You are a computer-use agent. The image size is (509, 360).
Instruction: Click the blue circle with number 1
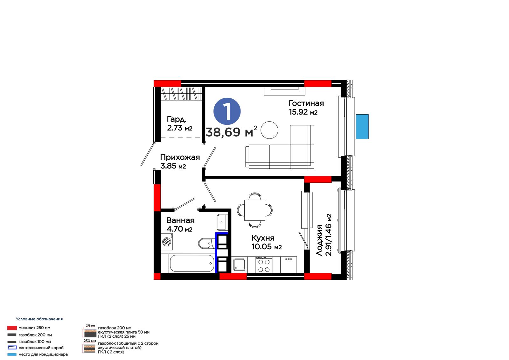pyautogui.click(x=227, y=111)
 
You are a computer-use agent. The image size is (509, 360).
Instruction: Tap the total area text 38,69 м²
pyautogui.click(x=231, y=131)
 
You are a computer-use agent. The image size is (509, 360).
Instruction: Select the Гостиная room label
pyautogui.click(x=306, y=103)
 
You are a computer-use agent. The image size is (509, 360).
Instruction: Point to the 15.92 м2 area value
pyautogui.click(x=303, y=112)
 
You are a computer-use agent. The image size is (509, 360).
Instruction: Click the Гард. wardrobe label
pyautogui.click(x=177, y=119)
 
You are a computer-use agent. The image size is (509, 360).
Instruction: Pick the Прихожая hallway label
pyautogui.click(x=180, y=157)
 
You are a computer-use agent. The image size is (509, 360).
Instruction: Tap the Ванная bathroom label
pyautogui.click(x=180, y=220)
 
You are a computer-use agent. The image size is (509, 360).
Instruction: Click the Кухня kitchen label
pyautogui.click(x=263, y=238)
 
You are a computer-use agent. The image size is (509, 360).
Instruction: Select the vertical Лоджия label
pyautogui.click(x=319, y=240)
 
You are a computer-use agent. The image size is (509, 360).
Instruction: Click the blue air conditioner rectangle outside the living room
pyautogui.click(x=362, y=126)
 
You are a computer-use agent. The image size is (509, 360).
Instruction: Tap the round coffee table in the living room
pyautogui.click(x=269, y=130)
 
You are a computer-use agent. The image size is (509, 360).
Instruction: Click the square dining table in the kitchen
pyautogui.click(x=255, y=210)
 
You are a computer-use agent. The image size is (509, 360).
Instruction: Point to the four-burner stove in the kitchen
pyautogui.click(x=264, y=265)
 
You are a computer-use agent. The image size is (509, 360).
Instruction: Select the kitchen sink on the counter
pyautogui.click(x=240, y=265)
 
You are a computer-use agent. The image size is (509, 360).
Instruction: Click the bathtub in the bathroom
pyautogui.click(x=192, y=263)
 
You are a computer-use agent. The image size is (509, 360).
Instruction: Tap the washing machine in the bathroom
pyautogui.click(x=167, y=242)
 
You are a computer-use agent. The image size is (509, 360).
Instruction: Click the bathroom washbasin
pyautogui.click(x=221, y=222)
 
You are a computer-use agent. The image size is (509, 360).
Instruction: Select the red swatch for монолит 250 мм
pyautogui.click(x=12, y=328)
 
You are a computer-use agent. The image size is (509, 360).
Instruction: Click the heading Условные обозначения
pyautogui.click(x=39, y=319)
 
